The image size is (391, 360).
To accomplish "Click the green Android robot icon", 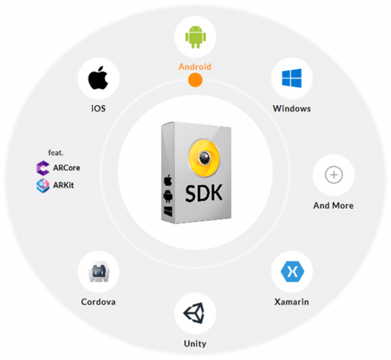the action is (195, 37).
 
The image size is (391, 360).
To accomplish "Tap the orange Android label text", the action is (195, 67).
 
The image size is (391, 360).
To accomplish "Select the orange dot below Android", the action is (195, 80).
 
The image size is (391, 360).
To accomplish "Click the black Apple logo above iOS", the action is (98, 78).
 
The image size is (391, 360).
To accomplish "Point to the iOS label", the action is (98, 108).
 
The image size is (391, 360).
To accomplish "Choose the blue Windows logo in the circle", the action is (292, 78).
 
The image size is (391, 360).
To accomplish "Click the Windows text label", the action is (292, 109).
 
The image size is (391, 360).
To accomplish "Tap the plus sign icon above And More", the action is (334, 175).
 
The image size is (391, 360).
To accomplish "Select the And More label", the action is (333, 206).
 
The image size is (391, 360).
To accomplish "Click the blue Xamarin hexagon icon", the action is (292, 271).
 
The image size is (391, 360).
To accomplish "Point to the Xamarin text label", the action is (292, 302).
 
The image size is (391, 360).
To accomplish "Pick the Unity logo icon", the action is (194, 313).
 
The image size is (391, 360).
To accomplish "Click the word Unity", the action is (195, 344).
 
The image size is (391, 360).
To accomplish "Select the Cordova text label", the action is (98, 302).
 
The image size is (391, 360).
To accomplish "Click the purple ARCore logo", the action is (43, 168).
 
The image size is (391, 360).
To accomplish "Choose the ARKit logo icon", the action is (43, 185).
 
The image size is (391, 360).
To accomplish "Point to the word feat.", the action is (55, 153).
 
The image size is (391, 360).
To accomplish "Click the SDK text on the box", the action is (204, 193).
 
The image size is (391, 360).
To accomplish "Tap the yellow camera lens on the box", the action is (205, 158).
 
